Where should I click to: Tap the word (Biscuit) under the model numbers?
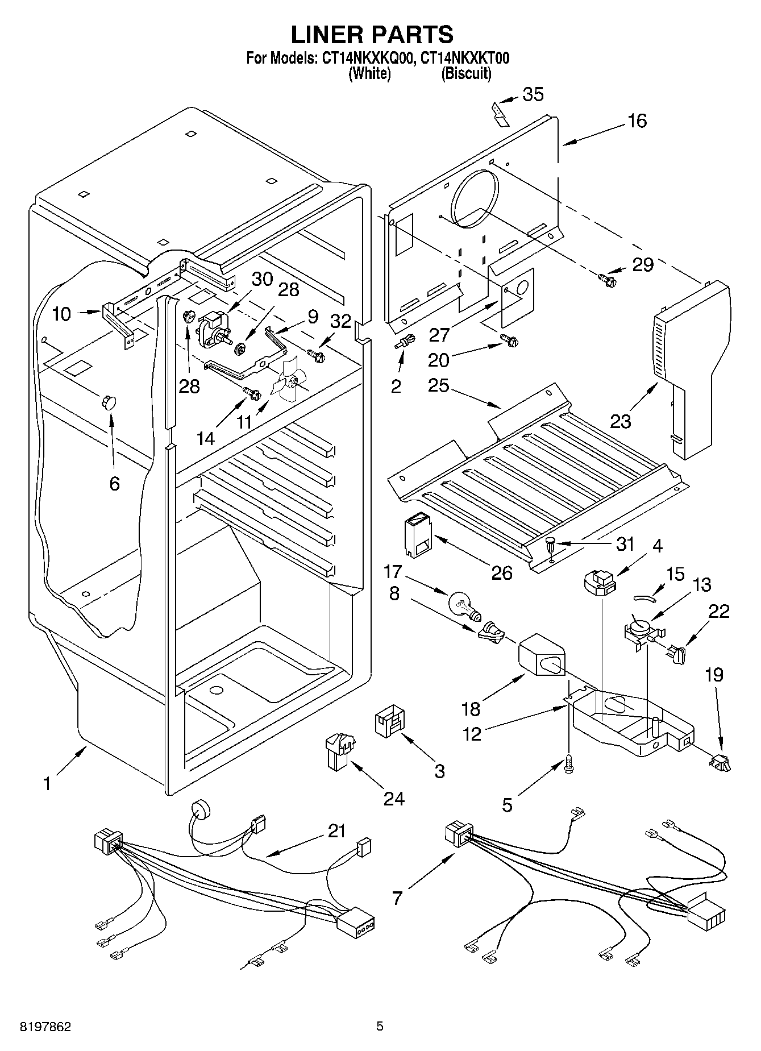tap(466, 73)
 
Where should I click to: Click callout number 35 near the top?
tap(533, 94)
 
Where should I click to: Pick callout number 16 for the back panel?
tap(637, 121)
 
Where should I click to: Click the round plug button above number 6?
tap(108, 402)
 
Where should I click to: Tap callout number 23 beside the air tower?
tap(621, 421)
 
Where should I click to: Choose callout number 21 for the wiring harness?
tap(337, 830)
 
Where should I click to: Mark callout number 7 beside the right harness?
tap(397, 898)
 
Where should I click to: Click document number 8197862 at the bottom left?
tap(39, 1027)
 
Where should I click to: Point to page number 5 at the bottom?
tap(380, 1027)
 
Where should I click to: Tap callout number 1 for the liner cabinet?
tap(47, 784)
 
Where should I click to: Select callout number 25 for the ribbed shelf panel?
tap(439, 385)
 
